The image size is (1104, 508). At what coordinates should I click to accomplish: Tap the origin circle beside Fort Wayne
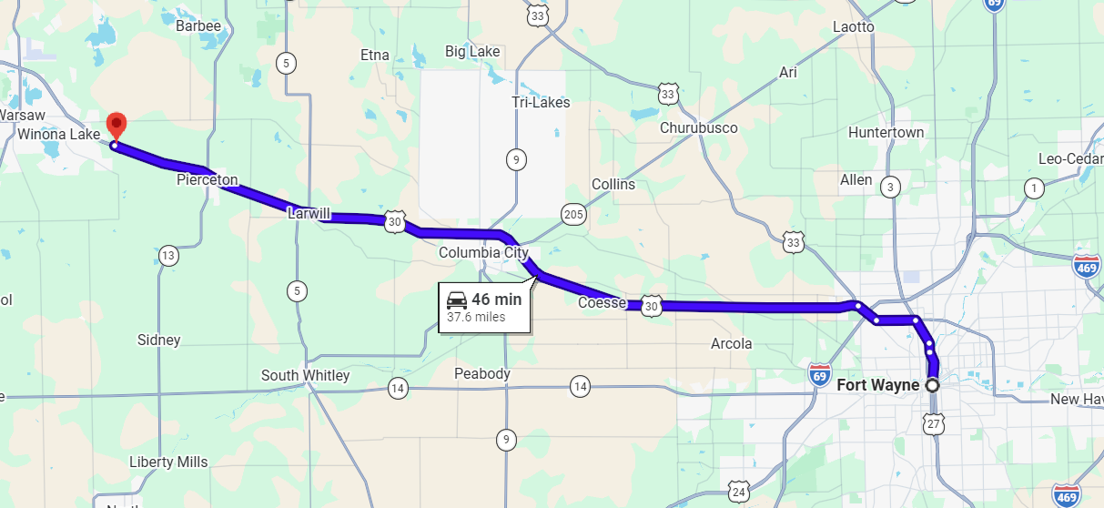tap(932, 385)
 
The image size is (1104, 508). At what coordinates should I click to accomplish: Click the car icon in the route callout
tap(456, 299)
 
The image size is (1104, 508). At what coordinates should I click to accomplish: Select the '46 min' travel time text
tap(496, 299)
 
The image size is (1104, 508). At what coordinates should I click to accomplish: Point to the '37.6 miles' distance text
tap(476, 318)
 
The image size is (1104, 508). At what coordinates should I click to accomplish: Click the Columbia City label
tap(483, 252)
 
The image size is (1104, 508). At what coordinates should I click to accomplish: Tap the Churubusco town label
tap(698, 127)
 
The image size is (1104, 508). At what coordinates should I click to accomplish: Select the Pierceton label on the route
tap(208, 180)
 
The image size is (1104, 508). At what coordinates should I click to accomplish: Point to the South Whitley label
tap(305, 375)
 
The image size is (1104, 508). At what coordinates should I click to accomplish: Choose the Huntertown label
tap(886, 132)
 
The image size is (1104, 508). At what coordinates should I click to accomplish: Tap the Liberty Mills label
tap(168, 462)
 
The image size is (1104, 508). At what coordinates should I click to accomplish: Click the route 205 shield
tap(573, 214)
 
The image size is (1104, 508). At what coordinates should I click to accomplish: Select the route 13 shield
tap(167, 256)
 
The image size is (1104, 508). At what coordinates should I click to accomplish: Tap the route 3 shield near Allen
tap(891, 188)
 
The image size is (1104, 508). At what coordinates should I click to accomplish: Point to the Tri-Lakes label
tap(541, 102)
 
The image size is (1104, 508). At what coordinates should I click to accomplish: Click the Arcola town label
tap(731, 343)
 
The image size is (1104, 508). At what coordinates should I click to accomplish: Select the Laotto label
tap(853, 26)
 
